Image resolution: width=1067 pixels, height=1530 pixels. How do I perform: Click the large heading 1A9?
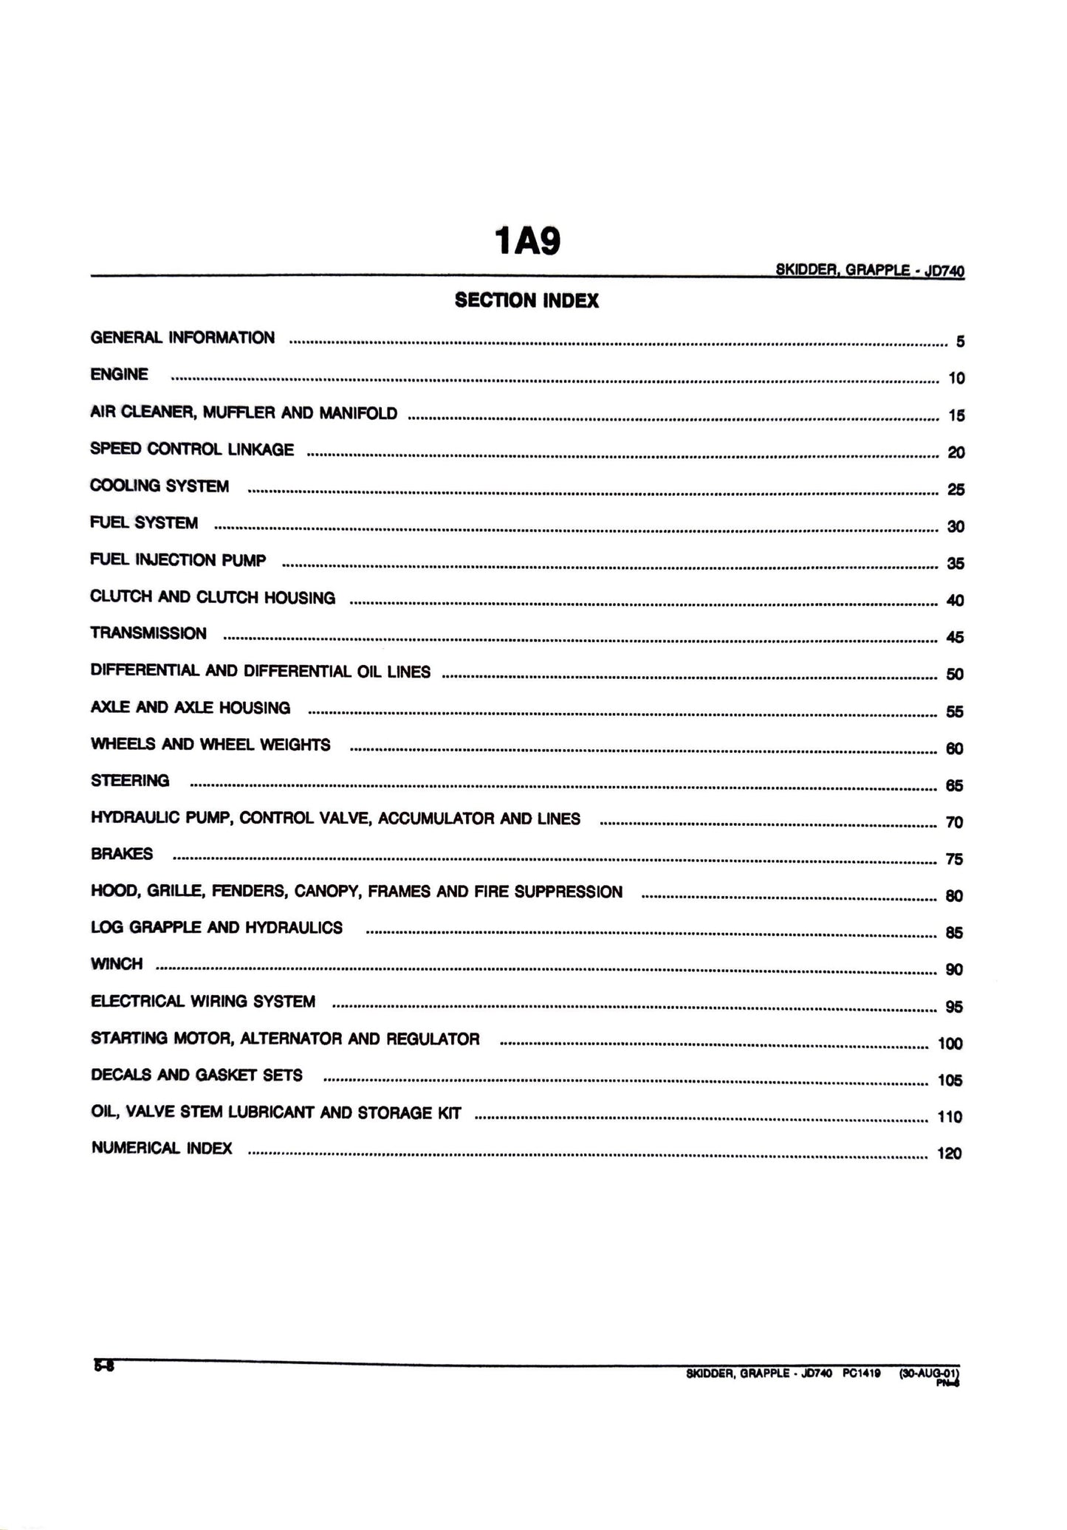point(526,241)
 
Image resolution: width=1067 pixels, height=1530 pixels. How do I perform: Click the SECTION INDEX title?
point(526,300)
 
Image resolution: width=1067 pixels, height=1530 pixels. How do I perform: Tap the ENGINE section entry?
point(120,375)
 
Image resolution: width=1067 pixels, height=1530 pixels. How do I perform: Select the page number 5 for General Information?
point(960,342)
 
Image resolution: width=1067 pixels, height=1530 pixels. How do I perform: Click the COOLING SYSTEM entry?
point(159,486)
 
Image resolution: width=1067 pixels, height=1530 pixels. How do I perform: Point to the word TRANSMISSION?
point(148,634)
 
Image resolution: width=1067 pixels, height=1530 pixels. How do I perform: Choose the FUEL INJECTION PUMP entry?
point(178,560)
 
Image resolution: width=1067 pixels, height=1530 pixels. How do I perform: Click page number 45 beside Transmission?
point(955,638)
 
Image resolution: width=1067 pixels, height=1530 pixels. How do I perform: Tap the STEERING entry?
point(130,781)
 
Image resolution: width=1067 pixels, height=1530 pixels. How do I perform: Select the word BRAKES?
point(122,855)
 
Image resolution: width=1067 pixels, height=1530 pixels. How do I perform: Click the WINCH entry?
point(117,965)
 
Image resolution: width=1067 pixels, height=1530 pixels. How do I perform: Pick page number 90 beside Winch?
point(954,970)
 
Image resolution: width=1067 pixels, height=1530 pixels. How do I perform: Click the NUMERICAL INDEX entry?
point(162,1148)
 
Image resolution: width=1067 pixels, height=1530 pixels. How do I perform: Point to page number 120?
point(949,1154)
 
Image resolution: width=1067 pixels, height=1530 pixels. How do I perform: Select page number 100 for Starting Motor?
point(950,1044)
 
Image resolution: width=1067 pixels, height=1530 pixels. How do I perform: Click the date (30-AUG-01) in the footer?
point(928,1374)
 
